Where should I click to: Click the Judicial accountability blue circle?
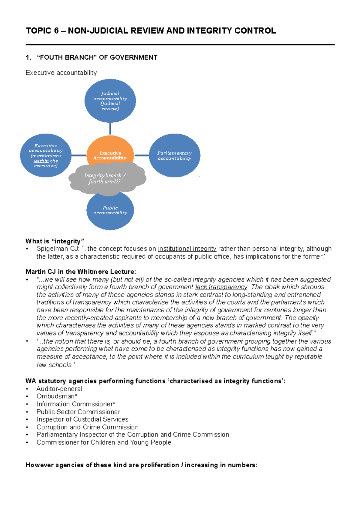(110, 101)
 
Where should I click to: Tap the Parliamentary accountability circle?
(174, 155)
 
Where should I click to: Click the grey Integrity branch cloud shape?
(105, 178)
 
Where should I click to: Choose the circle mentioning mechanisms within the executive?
(46, 155)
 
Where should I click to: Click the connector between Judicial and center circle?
(110, 129)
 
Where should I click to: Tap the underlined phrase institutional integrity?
(187, 249)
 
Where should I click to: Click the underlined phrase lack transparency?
(221, 287)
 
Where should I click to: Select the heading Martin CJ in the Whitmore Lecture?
(81, 272)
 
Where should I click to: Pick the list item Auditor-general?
(59, 389)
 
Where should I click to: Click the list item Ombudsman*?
(57, 396)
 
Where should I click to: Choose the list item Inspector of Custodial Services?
(82, 419)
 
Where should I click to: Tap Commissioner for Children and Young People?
(104, 442)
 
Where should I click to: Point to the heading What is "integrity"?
(55, 241)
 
